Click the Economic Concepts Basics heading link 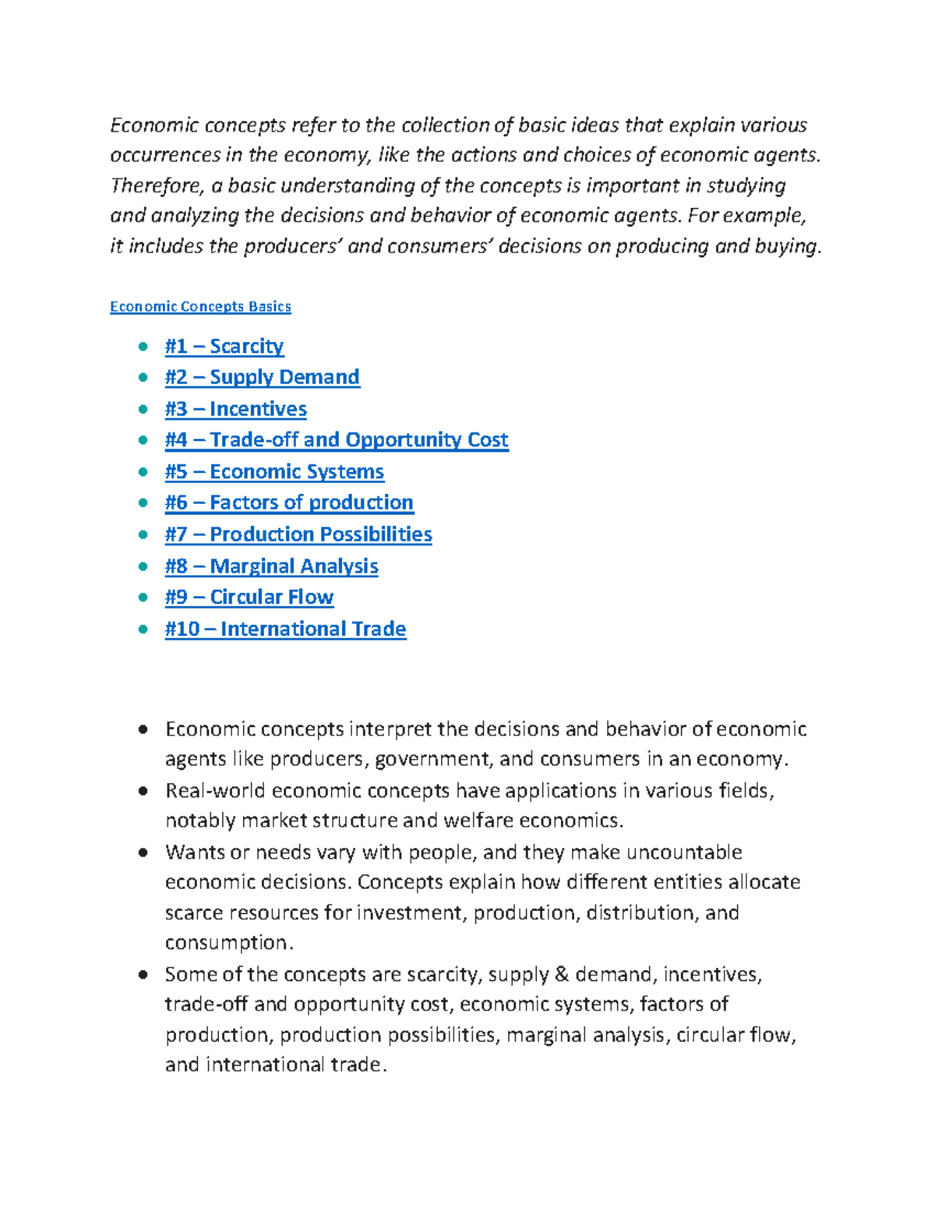tap(200, 306)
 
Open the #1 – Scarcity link tap(224, 346)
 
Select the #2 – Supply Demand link tap(262, 377)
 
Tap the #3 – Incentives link tap(235, 409)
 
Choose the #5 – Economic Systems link tap(274, 471)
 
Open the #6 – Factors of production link tap(289, 503)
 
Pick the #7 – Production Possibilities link tap(298, 534)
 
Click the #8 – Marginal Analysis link tap(271, 566)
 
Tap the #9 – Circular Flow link tap(249, 597)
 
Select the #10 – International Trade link tap(285, 629)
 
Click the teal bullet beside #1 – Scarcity tap(143, 346)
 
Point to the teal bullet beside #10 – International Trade tap(143, 629)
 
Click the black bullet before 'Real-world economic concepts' tap(143, 791)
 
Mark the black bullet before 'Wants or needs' tap(143, 852)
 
